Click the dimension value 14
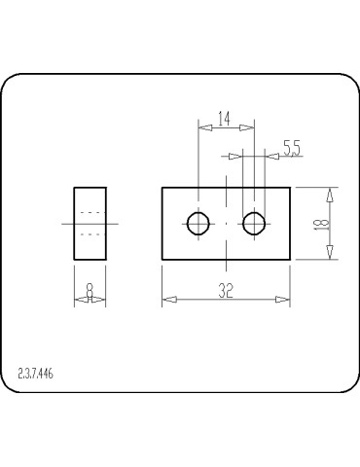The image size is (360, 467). (x=224, y=119)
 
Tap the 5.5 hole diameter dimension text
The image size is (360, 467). (x=291, y=148)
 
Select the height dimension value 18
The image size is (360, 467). (x=323, y=223)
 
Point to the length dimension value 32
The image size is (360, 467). (x=226, y=290)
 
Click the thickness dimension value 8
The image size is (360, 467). (x=90, y=290)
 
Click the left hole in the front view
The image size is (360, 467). (x=198, y=224)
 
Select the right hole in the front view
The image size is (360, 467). (x=255, y=224)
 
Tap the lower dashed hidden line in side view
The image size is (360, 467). (x=90, y=233)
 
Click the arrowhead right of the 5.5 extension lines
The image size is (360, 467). (x=273, y=155)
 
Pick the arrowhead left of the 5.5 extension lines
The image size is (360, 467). (x=235, y=155)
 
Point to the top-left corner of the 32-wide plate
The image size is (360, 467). (x=162, y=188)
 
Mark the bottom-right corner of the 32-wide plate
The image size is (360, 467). (x=290, y=260)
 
